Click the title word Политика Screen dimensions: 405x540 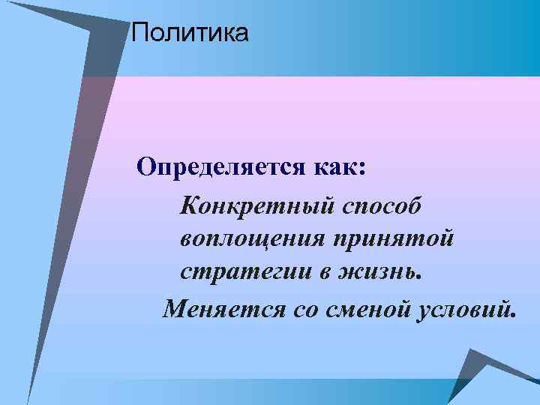coord(188,33)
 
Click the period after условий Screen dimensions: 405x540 coord(514,315)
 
